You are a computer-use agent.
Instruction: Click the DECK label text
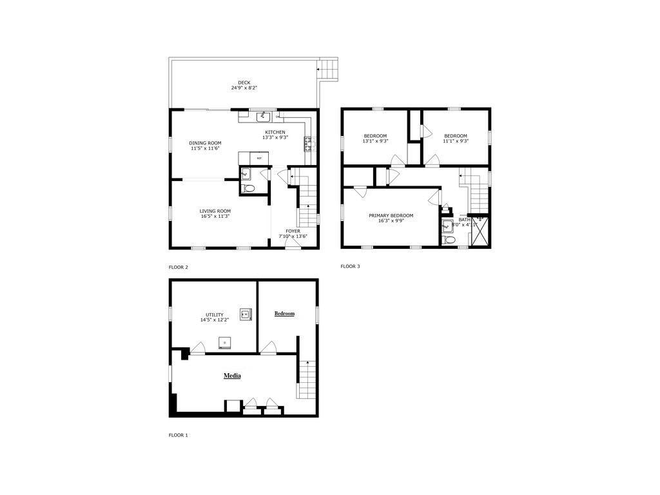pyautogui.click(x=244, y=82)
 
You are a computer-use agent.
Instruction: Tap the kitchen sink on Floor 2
pyautogui.click(x=263, y=117)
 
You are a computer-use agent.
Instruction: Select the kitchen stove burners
pyautogui.click(x=309, y=144)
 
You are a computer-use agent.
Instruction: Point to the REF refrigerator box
pyautogui.click(x=259, y=158)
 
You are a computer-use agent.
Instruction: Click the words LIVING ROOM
pyautogui.click(x=215, y=211)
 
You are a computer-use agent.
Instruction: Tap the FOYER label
pyautogui.click(x=293, y=231)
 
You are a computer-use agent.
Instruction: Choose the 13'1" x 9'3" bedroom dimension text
pyautogui.click(x=375, y=141)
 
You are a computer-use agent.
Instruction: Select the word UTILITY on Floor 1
pyautogui.click(x=215, y=315)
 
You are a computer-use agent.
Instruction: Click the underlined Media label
pyautogui.click(x=232, y=376)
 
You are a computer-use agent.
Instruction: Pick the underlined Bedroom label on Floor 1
pyautogui.click(x=284, y=314)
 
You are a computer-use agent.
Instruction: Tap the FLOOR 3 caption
pyautogui.click(x=350, y=266)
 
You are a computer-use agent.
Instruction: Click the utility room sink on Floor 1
pyautogui.click(x=245, y=314)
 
